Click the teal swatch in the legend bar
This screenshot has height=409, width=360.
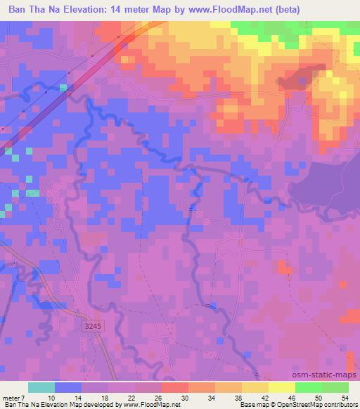(x=41, y=387)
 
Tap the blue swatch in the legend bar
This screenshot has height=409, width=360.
(x=68, y=387)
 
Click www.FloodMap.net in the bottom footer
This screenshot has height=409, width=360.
(x=150, y=405)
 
